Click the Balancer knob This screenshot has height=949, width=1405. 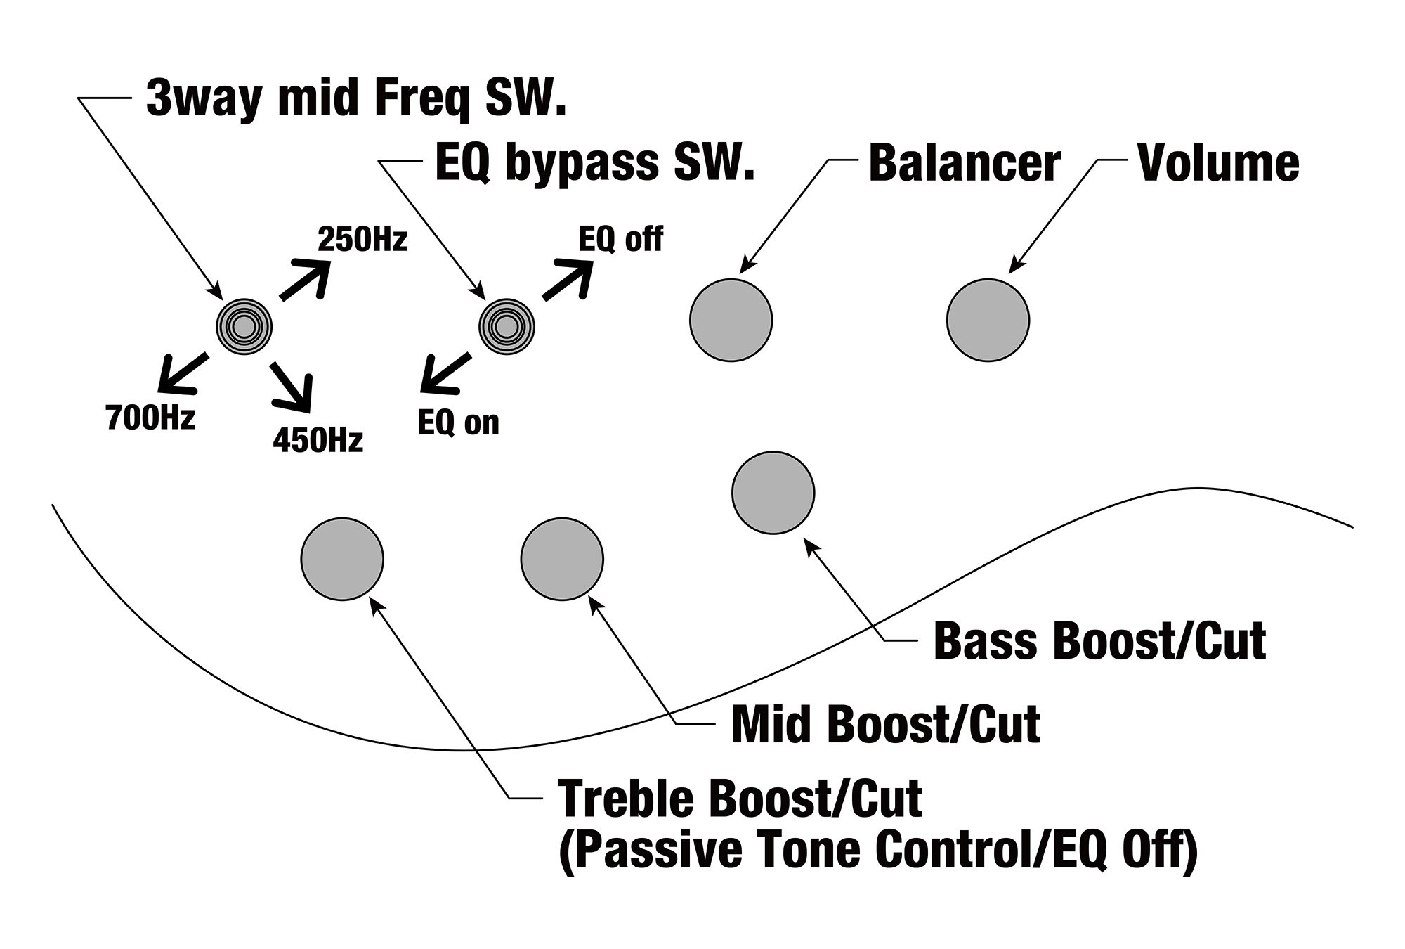[731, 320]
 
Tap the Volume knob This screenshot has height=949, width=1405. [988, 320]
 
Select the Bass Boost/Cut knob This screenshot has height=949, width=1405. [773, 492]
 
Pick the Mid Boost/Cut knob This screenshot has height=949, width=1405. [562, 559]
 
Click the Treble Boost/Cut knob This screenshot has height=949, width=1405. [342, 559]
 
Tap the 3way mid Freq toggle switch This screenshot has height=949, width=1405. [243, 326]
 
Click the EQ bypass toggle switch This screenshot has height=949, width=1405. [506, 326]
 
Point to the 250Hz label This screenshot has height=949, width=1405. [362, 240]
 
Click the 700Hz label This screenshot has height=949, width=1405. [150, 418]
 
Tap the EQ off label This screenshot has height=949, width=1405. [620, 240]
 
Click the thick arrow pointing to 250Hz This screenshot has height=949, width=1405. [306, 279]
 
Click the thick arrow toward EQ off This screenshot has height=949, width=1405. [567, 279]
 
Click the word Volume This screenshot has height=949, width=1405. [1218, 163]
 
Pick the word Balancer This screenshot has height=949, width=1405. [964, 163]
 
